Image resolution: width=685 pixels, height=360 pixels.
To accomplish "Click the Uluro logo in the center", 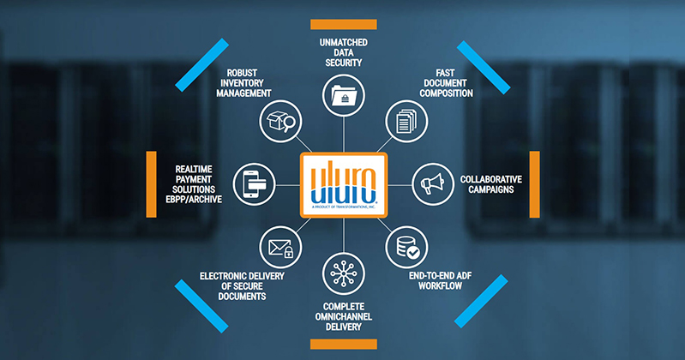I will pyautogui.click(x=343, y=182).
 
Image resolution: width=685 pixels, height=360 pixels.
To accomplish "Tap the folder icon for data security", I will pyautogui.click(x=343, y=94).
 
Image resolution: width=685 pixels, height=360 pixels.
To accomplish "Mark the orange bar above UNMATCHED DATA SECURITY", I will pyautogui.click(x=343, y=23).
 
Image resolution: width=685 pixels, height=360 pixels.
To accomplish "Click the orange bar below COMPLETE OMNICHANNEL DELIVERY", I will pyautogui.click(x=343, y=344).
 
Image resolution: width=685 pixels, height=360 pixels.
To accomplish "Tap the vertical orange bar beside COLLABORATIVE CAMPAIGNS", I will pyautogui.click(x=534, y=183).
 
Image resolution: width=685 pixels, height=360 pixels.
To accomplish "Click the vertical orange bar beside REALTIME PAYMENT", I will pyautogui.click(x=151, y=183).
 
